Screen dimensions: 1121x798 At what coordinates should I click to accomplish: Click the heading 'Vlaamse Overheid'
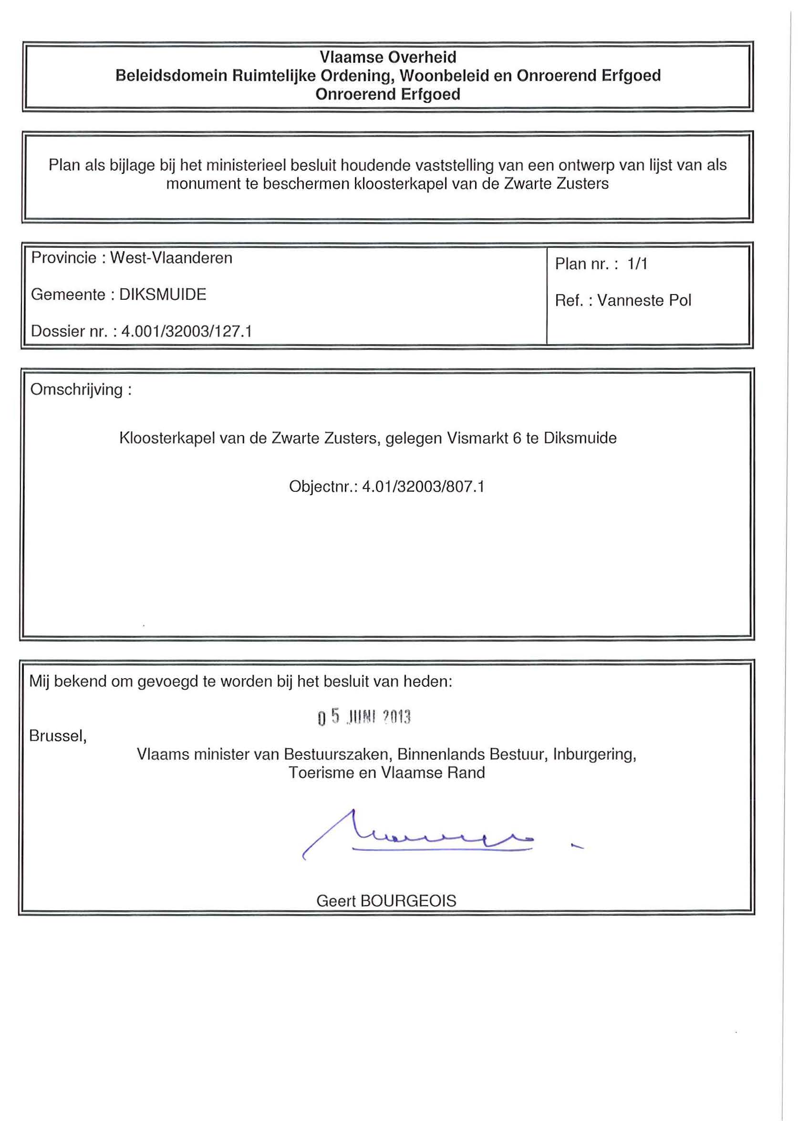click(x=388, y=58)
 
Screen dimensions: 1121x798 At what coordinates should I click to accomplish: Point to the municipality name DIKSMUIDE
click(x=163, y=295)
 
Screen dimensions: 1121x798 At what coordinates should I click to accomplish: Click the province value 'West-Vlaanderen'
click(x=171, y=258)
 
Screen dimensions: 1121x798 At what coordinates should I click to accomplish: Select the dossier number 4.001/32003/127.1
click(x=187, y=331)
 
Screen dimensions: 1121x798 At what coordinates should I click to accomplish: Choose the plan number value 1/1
click(x=637, y=264)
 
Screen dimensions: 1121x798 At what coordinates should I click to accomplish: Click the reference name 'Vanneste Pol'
click(x=644, y=300)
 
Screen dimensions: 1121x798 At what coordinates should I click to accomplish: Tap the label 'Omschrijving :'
click(x=81, y=390)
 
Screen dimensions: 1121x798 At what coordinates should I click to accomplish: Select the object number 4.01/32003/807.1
click(x=423, y=487)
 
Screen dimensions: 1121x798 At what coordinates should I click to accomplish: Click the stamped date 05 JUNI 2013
click(x=364, y=718)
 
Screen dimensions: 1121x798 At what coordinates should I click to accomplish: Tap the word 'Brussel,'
click(x=58, y=735)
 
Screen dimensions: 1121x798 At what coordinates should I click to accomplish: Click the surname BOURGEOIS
click(x=408, y=901)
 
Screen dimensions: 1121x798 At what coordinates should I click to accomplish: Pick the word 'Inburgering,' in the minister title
click(x=595, y=754)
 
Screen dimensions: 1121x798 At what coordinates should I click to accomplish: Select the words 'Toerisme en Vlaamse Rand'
click(x=387, y=773)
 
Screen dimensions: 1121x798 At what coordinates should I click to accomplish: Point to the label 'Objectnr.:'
click(x=323, y=487)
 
